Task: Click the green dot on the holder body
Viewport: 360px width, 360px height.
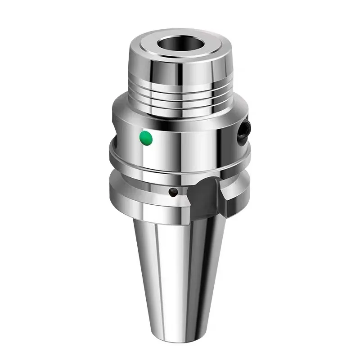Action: tap(146, 138)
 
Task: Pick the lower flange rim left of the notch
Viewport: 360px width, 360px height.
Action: tap(135, 193)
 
